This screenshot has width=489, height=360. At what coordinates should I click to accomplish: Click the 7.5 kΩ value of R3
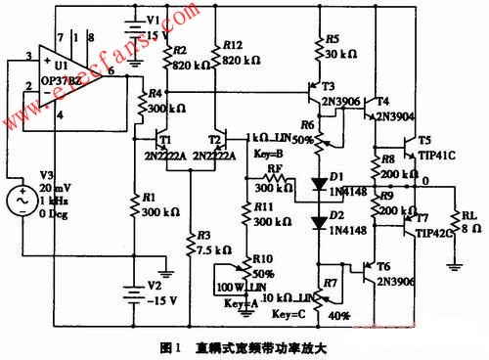point(204,249)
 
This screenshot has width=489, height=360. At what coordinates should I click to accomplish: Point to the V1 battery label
point(152,20)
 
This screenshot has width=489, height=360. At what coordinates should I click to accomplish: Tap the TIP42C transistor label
point(430,235)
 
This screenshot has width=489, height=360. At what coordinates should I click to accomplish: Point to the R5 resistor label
point(333,41)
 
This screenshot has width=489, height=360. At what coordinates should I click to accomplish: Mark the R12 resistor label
point(232,45)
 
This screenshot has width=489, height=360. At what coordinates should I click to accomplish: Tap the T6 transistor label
point(380,266)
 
